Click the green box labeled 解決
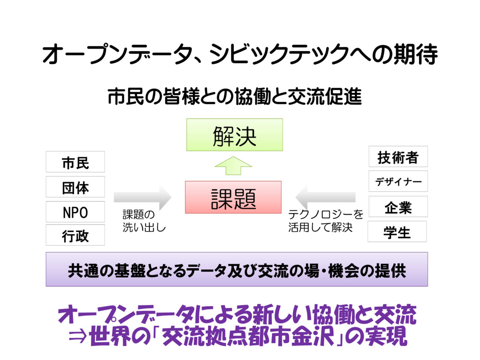[x=234, y=135]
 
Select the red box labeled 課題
[x=233, y=197]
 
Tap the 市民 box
[x=75, y=162]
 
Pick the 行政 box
[x=75, y=235]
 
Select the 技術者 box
[x=398, y=156]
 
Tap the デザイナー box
[x=398, y=181]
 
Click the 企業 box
[x=398, y=207]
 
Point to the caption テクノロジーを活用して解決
[x=325, y=221]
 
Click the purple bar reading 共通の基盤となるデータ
[x=237, y=270]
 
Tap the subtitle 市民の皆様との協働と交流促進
[x=234, y=97]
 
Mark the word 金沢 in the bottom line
[x=306, y=337]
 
